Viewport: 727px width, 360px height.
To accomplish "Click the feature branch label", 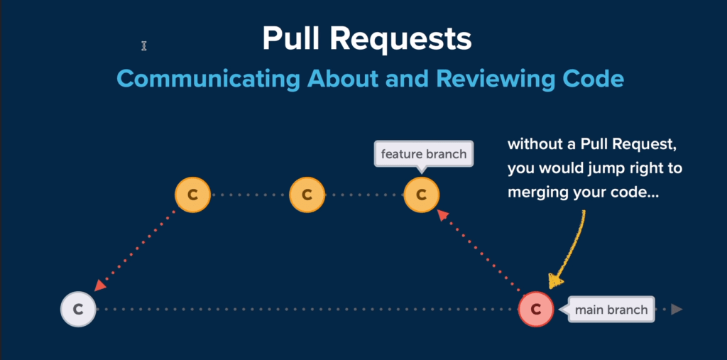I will (424, 154).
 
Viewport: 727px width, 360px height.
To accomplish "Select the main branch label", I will (611, 310).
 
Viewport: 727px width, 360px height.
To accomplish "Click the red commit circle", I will (536, 310).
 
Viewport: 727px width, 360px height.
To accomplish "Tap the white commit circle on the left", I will (78, 310).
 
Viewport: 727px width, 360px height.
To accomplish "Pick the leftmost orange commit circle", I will (193, 195).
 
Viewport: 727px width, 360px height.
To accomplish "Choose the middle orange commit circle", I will (307, 195).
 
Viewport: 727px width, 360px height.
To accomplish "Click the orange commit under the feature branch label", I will (422, 195).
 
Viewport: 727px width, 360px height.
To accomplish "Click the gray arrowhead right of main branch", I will (677, 310).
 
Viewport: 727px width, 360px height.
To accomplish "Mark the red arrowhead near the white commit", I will (101, 285).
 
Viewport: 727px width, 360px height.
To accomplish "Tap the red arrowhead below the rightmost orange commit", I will (443, 215).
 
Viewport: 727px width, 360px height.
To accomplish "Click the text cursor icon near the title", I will (143, 46).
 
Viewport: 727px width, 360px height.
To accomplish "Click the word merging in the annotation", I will (537, 192).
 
